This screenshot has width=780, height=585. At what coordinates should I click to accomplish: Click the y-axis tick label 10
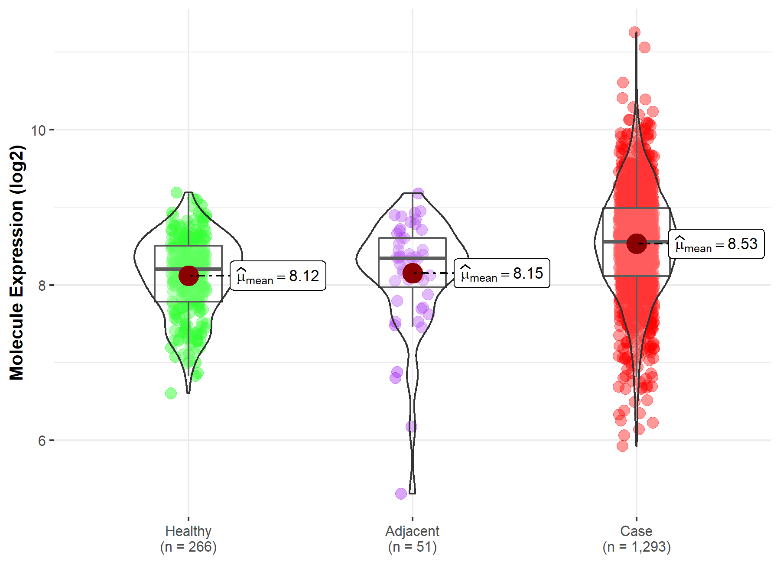(x=38, y=130)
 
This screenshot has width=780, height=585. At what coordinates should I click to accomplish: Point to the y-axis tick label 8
(x=42, y=286)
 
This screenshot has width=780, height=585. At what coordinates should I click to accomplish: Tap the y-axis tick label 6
(x=42, y=441)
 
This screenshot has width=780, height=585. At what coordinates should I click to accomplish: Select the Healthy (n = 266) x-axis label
(x=188, y=539)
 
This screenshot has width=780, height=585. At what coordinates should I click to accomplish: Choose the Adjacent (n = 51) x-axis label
(x=413, y=539)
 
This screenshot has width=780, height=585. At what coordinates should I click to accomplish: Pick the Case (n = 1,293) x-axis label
(x=637, y=539)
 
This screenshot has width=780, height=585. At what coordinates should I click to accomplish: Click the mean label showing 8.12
(x=278, y=276)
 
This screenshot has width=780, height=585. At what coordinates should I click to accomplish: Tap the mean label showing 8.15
(x=502, y=273)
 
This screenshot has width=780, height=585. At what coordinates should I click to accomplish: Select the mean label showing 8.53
(x=716, y=244)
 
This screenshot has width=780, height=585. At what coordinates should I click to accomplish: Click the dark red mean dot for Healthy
(x=188, y=276)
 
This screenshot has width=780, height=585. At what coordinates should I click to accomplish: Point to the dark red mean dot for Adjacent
(x=413, y=273)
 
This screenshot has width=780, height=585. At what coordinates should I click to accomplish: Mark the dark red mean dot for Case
(x=637, y=244)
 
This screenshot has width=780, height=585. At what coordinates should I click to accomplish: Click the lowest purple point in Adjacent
(x=401, y=494)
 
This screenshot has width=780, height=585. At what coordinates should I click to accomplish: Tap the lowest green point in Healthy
(x=171, y=393)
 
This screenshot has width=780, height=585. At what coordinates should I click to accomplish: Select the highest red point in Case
(x=635, y=32)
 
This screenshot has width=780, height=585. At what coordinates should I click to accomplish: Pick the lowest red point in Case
(x=623, y=446)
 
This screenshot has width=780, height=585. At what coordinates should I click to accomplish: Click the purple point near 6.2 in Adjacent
(x=411, y=427)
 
